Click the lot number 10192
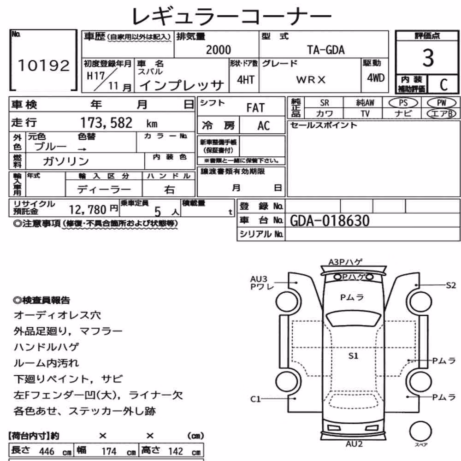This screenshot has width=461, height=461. (44, 65)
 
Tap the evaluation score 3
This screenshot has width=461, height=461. (428, 58)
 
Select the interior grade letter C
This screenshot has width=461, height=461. (443, 85)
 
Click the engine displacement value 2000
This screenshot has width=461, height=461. (218, 50)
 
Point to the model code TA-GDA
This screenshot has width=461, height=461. (326, 50)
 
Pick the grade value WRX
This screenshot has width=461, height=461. (311, 80)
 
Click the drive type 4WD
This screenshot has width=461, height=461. (376, 78)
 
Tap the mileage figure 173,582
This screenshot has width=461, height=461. (106, 123)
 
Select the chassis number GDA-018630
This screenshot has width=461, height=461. (330, 221)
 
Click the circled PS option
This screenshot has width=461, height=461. (403, 103)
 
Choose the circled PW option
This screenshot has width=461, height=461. (441, 103)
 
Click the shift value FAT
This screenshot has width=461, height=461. (255, 108)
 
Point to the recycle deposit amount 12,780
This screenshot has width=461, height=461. (88, 210)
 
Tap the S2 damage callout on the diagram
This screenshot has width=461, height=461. (451, 285)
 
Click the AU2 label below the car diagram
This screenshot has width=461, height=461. (354, 444)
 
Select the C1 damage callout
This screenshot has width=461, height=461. (255, 399)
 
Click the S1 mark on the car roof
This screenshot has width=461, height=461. (353, 356)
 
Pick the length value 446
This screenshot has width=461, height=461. (47, 451)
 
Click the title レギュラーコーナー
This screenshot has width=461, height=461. (232, 17)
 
